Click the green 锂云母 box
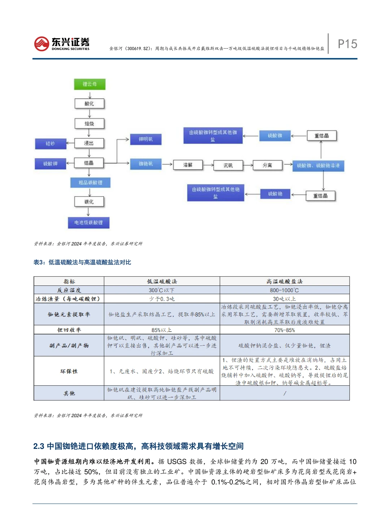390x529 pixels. pos(90,84)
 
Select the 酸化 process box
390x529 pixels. pos(89,104)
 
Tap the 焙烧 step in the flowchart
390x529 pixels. pos(89,124)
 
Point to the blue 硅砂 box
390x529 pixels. pos(51,144)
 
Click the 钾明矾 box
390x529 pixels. pos(146,139)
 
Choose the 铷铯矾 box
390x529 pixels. pos(146,164)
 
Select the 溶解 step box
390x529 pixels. pos(188,165)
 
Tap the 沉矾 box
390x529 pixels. pos(228,165)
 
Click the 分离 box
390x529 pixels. pos(267,165)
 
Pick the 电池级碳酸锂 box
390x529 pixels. pos(88,223)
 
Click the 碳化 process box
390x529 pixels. pos(89,202)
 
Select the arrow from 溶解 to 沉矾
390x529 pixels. pos(208,165)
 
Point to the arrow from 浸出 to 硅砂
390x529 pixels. pos(70,144)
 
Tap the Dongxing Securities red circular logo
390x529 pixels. pos(42,44)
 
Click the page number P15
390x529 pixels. pos(347,44)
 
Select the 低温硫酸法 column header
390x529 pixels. pos(162,281)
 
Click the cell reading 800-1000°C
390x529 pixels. pos(284,290)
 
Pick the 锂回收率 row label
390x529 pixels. pos(69,330)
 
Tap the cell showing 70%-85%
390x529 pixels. pos(284,330)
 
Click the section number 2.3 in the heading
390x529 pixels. pos(39,446)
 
